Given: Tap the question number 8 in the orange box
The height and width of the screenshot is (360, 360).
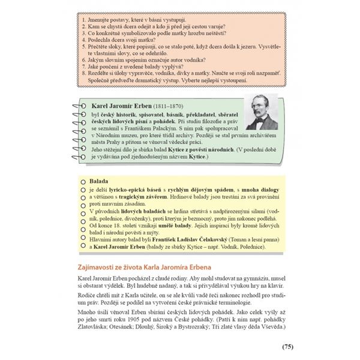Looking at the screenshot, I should click(x=80, y=71).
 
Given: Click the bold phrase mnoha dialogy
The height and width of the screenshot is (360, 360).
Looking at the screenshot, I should click(x=253, y=188).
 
